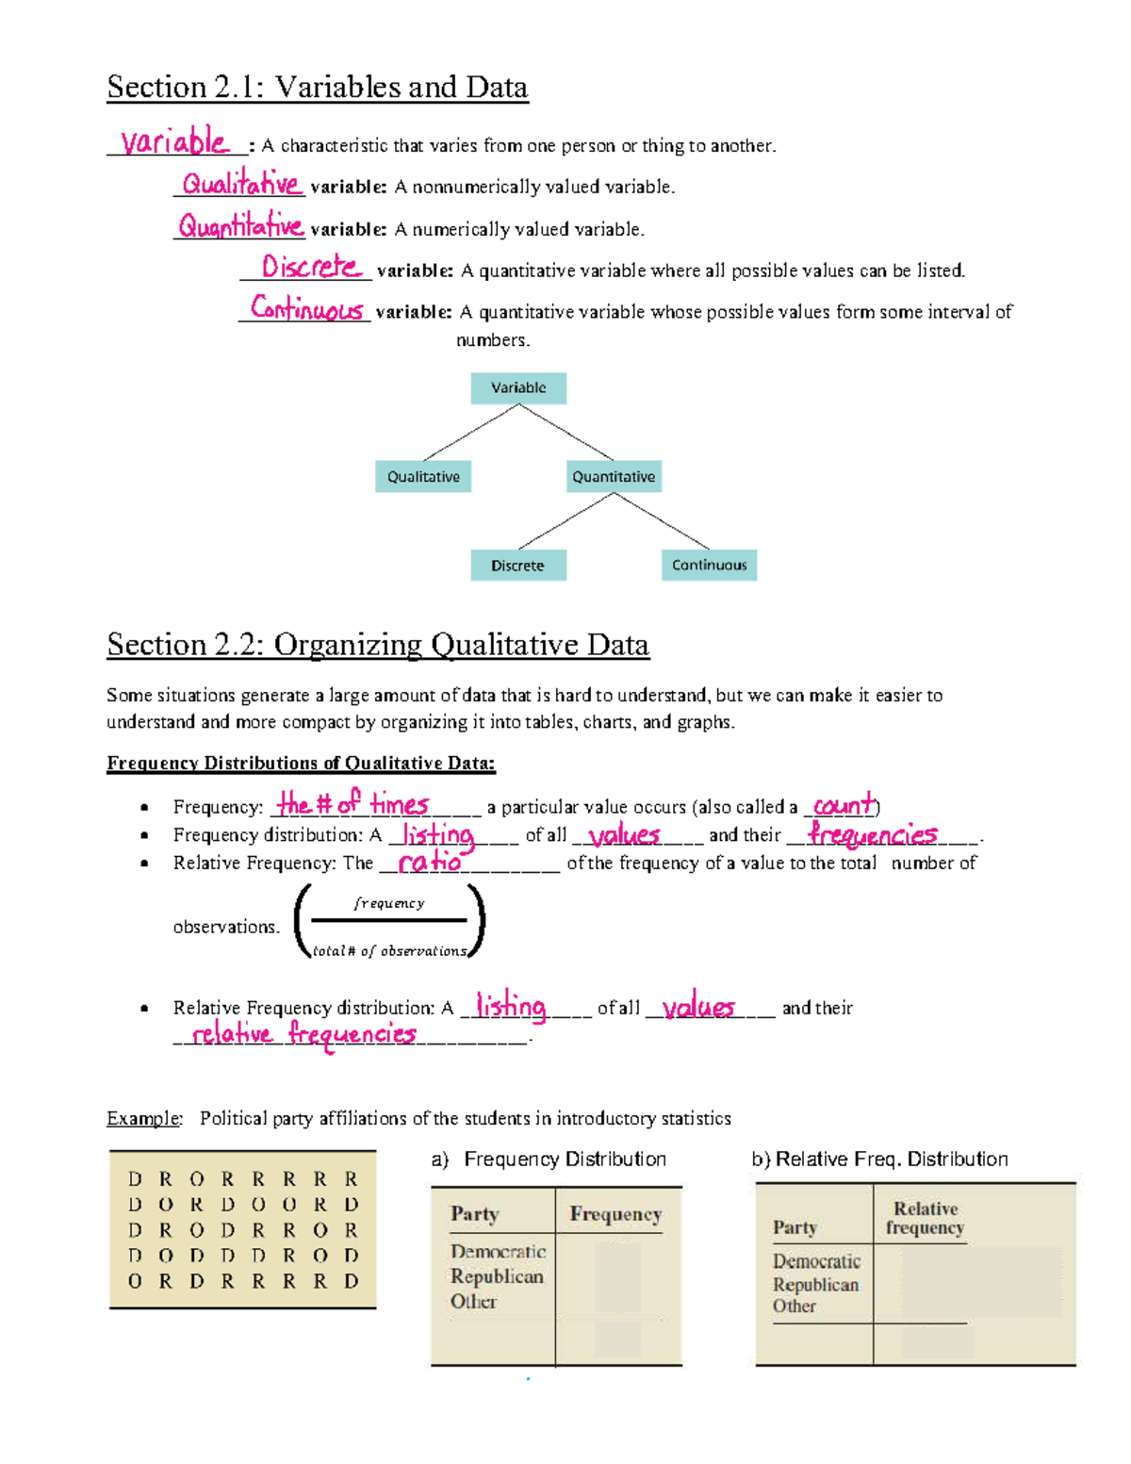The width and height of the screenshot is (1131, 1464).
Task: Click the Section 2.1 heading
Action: pos(317,87)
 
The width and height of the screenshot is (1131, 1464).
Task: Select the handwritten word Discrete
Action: pos(310,267)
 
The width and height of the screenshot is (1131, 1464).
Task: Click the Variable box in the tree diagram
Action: pos(518,387)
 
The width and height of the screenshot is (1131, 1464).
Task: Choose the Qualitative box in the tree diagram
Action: pos(423,476)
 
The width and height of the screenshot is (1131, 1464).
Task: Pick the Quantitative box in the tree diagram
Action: pos(614,476)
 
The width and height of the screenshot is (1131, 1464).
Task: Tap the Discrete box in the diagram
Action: pos(517,566)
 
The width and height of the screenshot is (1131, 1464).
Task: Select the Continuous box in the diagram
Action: pos(709,565)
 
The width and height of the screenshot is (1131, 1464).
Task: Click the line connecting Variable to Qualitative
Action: pos(471,433)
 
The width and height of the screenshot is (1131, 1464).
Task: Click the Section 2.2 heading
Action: pos(377,645)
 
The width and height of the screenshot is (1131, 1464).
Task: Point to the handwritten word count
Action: pos(843,805)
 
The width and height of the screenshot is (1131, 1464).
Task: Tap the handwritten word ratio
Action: pos(430,862)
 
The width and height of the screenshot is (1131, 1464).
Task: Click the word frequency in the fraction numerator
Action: pos(389,903)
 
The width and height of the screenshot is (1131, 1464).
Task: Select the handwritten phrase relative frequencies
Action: pos(303,1034)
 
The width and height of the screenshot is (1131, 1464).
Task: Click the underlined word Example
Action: pos(143,1118)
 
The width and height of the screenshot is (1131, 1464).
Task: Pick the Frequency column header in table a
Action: pos(615,1214)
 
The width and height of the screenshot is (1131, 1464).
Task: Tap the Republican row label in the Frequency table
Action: pos(497,1276)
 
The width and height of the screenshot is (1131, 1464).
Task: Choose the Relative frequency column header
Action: pos(925,1218)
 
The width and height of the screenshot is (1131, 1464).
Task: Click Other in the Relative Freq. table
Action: pos(795,1307)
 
